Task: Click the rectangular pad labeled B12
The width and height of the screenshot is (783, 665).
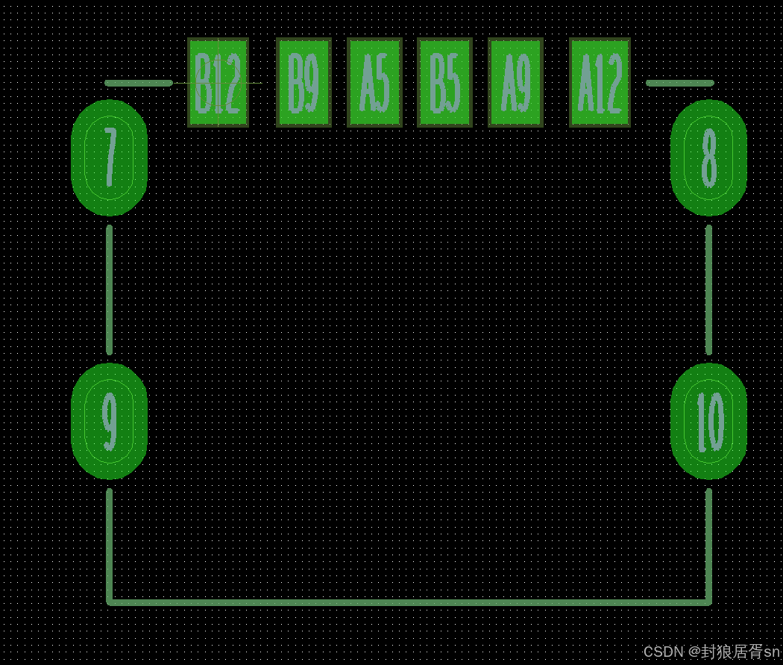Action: [218, 82]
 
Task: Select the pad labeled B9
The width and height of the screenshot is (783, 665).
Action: [304, 82]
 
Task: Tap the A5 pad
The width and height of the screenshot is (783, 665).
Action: [374, 82]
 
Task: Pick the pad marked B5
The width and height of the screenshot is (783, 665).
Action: [445, 82]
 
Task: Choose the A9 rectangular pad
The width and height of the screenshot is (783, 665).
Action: [515, 82]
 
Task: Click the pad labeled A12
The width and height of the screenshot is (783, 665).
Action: [600, 82]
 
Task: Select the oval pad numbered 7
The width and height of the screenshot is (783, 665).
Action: [109, 157]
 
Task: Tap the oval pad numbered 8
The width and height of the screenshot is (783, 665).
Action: [708, 157]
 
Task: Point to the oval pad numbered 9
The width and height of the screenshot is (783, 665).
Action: [109, 421]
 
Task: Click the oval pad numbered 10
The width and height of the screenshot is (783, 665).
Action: [708, 421]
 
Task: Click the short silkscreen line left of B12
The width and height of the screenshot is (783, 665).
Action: [139, 83]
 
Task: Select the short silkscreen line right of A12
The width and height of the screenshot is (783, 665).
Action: [679, 83]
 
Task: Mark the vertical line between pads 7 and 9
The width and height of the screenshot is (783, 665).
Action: [110, 290]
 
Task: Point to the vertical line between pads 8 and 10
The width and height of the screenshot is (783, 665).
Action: [708, 290]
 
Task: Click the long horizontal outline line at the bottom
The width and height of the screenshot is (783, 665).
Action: [409, 602]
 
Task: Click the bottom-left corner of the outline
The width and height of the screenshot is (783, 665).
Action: [110, 601]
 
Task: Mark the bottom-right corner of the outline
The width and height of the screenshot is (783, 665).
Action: [708, 601]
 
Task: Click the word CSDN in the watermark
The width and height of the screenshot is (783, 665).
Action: [662, 652]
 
